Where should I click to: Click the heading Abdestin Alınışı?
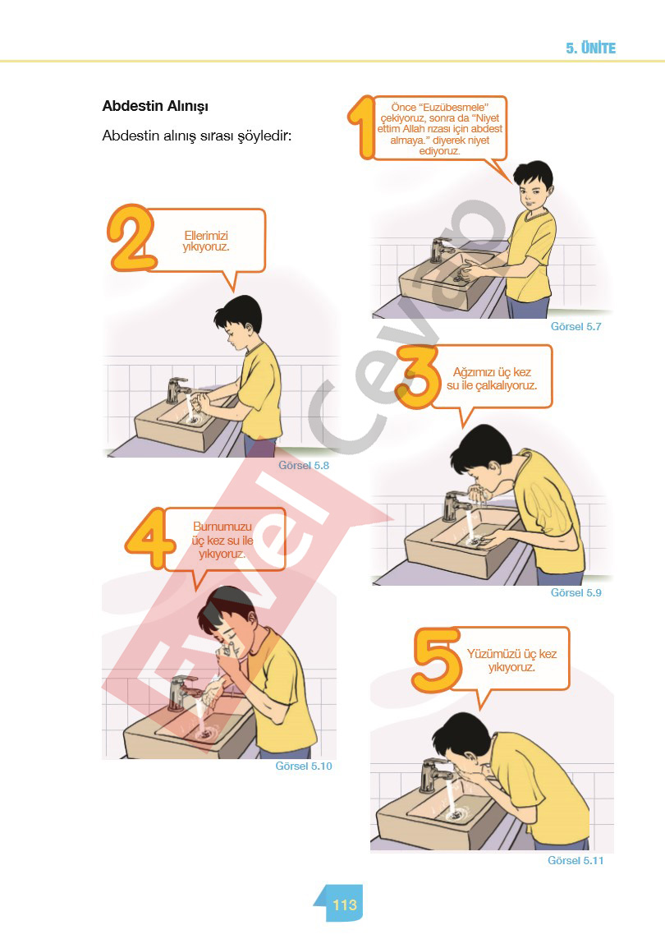(155, 107)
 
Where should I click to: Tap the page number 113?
(344, 904)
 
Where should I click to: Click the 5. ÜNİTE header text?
(591, 48)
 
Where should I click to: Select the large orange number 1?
(361, 127)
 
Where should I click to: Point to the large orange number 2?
(131, 238)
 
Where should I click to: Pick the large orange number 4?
(148, 538)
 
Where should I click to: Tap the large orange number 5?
(436, 660)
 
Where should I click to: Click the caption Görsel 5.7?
(576, 326)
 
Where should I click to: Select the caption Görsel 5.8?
(304, 465)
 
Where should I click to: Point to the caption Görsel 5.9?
(576, 592)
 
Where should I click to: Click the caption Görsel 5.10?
(304, 766)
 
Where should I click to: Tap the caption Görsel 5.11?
(576, 860)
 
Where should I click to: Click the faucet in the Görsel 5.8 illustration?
(178, 390)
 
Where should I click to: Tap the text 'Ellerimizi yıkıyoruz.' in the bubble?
(206, 241)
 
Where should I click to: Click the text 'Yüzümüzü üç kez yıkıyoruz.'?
(511, 660)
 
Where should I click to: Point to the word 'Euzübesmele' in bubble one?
(454, 107)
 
